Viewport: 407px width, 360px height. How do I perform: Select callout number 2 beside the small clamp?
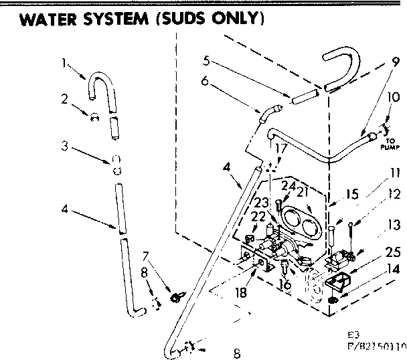tap(64, 98)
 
